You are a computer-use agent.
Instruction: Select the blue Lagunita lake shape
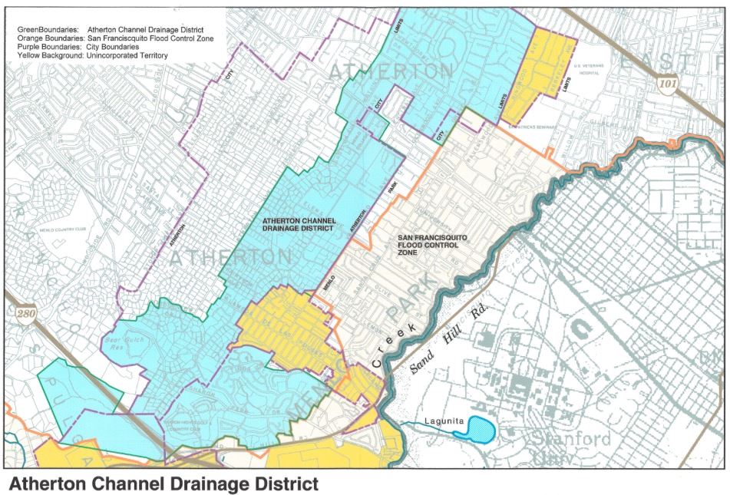pyautogui.click(x=475, y=428)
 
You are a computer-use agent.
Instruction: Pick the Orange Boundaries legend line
pyautogui.click(x=115, y=38)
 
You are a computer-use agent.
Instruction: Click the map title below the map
pyautogui.click(x=163, y=483)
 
